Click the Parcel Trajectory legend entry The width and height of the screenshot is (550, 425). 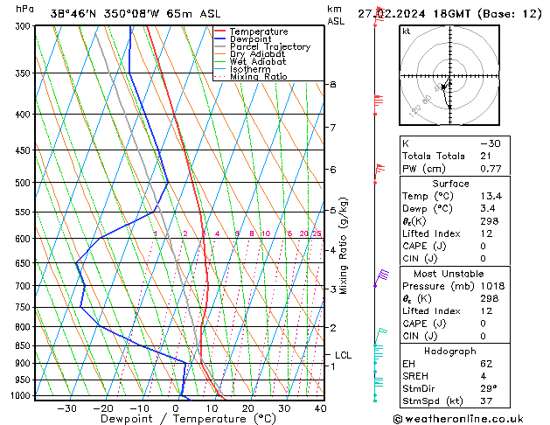click(x=269, y=46)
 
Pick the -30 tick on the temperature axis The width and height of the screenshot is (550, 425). click(x=66, y=408)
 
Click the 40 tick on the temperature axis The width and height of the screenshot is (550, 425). click(x=320, y=408)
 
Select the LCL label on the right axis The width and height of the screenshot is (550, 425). click(x=343, y=355)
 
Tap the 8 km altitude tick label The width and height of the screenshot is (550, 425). click(x=332, y=84)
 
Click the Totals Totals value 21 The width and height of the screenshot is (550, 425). click(x=485, y=156)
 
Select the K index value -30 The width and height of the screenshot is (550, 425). click(x=491, y=143)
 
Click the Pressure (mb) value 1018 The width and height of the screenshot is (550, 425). click(x=492, y=286)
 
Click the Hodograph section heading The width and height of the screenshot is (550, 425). click(x=451, y=351)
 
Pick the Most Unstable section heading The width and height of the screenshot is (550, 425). click(x=451, y=274)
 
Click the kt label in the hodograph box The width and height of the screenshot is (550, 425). click(x=406, y=31)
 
